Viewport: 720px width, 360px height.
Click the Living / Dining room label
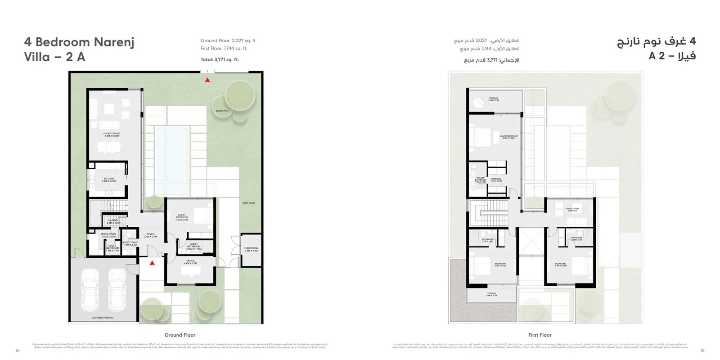point(112,134)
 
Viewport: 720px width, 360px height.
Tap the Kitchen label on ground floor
point(108,180)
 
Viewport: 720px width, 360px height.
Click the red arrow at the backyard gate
point(207,81)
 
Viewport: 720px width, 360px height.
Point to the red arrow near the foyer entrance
point(152,263)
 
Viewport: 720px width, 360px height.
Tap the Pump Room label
point(251,249)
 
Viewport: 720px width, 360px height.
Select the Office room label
point(190,262)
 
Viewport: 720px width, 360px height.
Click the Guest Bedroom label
point(181,217)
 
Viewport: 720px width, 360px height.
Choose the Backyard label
point(222,111)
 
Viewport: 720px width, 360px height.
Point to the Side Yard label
point(248,203)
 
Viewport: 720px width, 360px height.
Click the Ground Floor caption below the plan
point(180,335)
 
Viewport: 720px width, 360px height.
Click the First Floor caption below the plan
point(540,335)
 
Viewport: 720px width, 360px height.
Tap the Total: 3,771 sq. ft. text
point(220,59)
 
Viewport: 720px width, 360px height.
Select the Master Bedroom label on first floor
point(508,136)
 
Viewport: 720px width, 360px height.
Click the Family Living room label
point(572,209)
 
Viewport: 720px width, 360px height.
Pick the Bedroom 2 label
point(560,265)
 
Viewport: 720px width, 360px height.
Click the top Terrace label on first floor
point(494,99)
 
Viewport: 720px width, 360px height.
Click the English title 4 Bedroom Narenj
point(79,42)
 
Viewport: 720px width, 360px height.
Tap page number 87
point(702,351)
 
